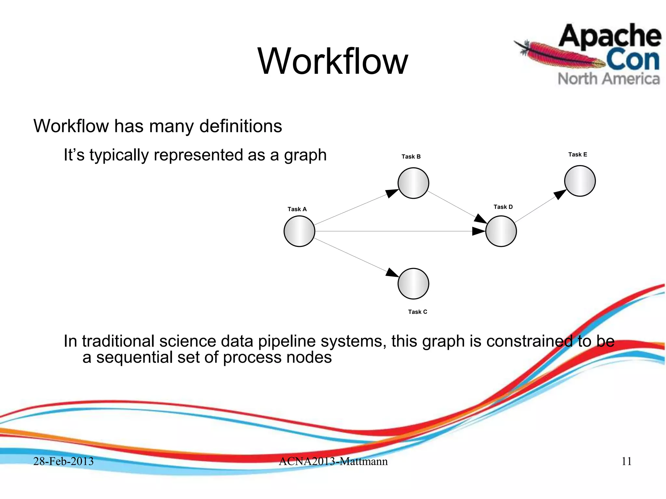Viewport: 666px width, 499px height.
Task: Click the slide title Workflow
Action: coord(332,61)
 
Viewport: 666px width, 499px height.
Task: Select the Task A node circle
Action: coord(299,231)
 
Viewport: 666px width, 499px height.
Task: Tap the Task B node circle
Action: coord(413,183)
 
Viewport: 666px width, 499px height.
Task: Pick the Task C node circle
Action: coord(413,284)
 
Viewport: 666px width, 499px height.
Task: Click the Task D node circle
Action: coord(501,231)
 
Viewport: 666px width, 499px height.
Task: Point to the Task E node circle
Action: coord(580,181)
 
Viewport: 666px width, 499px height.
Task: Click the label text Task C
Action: coord(418,312)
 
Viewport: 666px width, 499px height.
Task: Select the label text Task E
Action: coord(578,155)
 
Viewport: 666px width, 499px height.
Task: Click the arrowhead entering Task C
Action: coord(392,273)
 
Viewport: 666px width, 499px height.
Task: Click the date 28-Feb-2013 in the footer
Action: coord(63,461)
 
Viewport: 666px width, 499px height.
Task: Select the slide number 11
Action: coord(626,461)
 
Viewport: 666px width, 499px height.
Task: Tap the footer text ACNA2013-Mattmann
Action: coord(333,461)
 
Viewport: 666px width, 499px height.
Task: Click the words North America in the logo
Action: coord(609,79)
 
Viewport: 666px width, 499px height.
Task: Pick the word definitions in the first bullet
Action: coord(241,126)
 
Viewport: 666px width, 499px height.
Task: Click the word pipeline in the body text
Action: coord(288,341)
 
